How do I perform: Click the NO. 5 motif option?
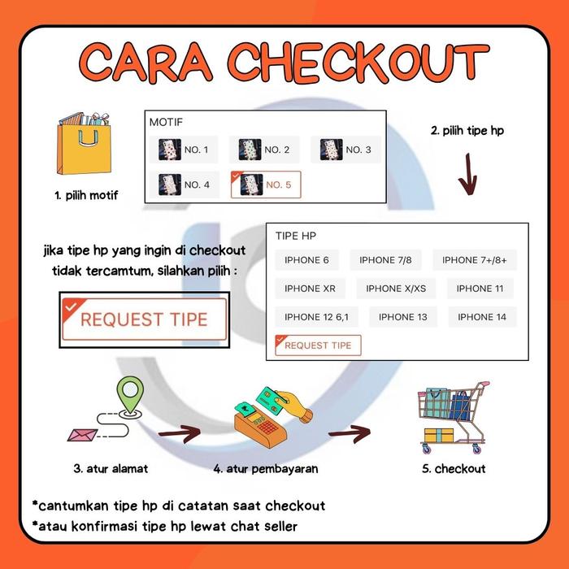(266, 185)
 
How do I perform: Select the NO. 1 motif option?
(183, 150)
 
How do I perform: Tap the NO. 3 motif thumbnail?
(331, 150)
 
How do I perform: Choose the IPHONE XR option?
(310, 289)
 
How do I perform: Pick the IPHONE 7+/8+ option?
(474, 260)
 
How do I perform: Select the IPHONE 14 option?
(482, 317)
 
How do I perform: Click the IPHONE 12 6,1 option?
(316, 317)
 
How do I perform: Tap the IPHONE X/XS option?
(396, 289)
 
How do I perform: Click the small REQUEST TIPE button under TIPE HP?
(318, 345)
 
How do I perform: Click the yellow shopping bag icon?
(84, 144)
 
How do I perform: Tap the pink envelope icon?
(82, 435)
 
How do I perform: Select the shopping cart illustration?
(453, 417)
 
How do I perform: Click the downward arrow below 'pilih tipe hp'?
(468, 174)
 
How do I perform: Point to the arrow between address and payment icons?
(180, 433)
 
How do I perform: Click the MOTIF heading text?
(166, 122)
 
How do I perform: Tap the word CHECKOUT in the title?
(358, 63)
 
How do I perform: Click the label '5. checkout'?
(454, 468)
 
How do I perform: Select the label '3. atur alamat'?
(111, 468)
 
